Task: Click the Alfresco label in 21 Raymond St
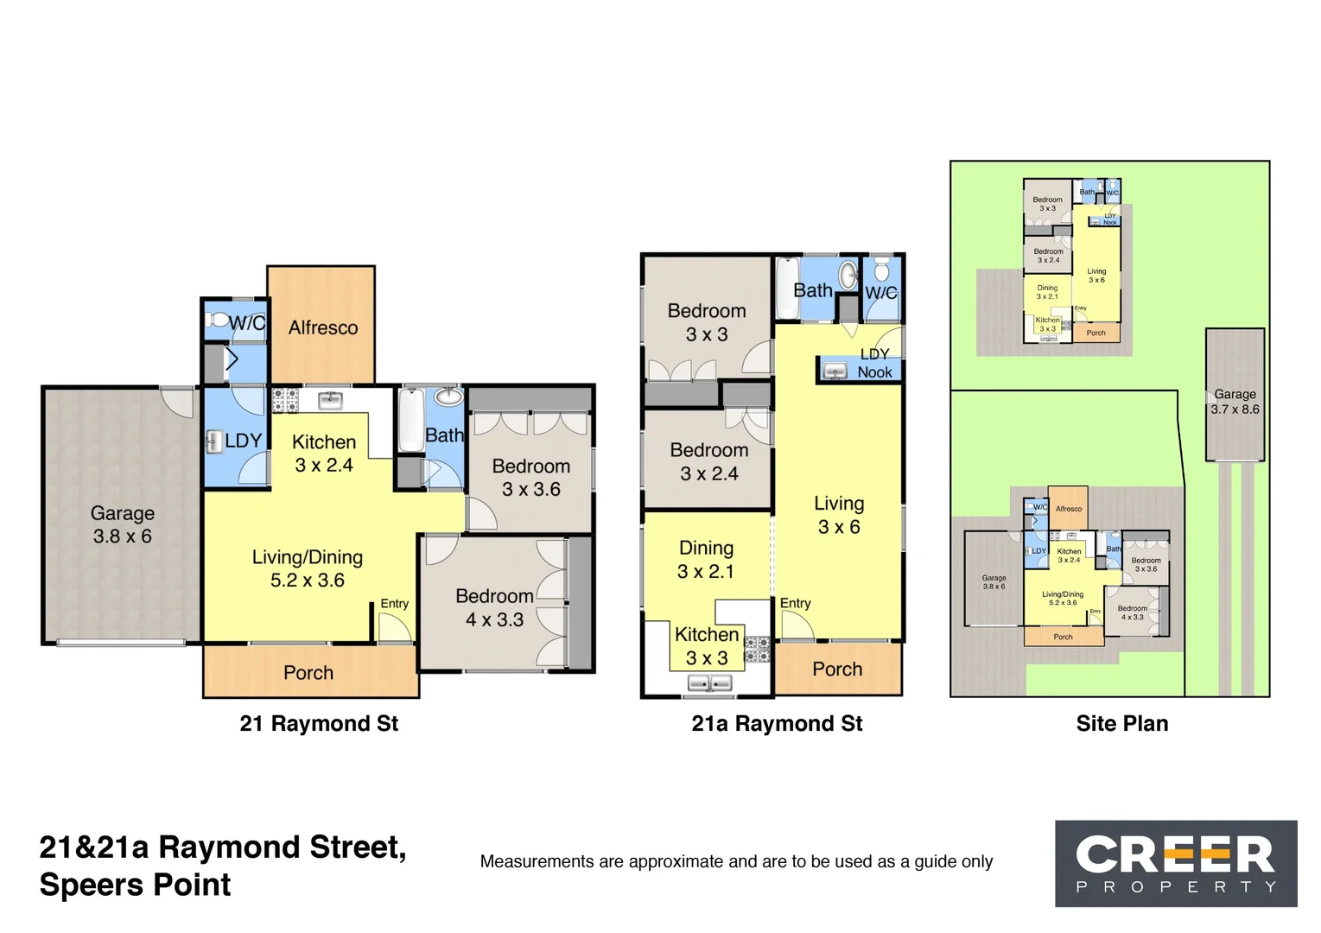pyautogui.click(x=322, y=327)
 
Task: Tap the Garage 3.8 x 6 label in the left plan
pyautogui.click(x=122, y=524)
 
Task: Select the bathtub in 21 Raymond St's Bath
pyautogui.click(x=411, y=421)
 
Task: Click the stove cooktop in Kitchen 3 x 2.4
pyautogui.click(x=285, y=401)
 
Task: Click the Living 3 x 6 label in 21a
pyautogui.click(x=838, y=515)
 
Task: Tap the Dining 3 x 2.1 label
pyautogui.click(x=706, y=559)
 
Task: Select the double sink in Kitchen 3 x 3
pyautogui.click(x=709, y=683)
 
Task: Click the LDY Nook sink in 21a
pyautogui.click(x=835, y=371)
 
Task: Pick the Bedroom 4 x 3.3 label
pyautogui.click(x=494, y=607)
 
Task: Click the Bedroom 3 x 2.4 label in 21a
pyautogui.click(x=708, y=461)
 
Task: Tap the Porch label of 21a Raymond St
pyautogui.click(x=837, y=669)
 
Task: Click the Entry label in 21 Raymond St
pyautogui.click(x=394, y=604)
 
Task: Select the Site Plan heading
pyautogui.click(x=1121, y=723)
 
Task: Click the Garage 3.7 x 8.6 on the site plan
pyautogui.click(x=1235, y=402)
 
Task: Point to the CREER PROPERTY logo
pyautogui.click(x=1175, y=863)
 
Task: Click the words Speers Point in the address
pyautogui.click(x=135, y=885)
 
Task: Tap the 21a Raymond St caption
pyautogui.click(x=776, y=723)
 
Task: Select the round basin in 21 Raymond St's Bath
pyautogui.click(x=448, y=397)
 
